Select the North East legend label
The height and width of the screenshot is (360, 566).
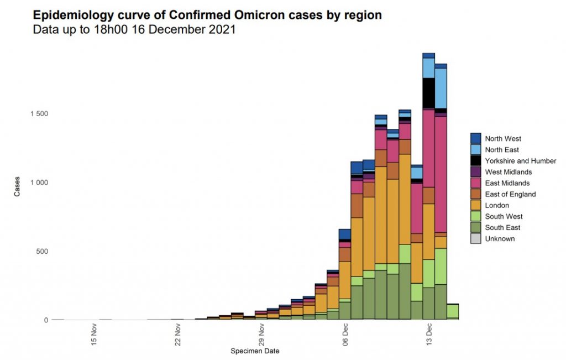(x=502, y=150)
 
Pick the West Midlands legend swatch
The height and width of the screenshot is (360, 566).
(x=476, y=172)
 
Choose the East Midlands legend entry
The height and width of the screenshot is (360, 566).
(x=507, y=183)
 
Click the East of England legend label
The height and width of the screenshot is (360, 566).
(x=510, y=194)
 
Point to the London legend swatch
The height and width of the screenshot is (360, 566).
(x=476, y=205)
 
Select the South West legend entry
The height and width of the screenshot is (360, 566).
(x=504, y=216)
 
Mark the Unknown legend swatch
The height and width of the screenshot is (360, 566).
(x=476, y=239)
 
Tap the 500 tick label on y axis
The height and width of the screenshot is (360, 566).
(x=43, y=252)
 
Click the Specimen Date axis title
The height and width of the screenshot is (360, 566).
(x=255, y=351)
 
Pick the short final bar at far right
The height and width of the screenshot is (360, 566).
(x=453, y=311)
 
